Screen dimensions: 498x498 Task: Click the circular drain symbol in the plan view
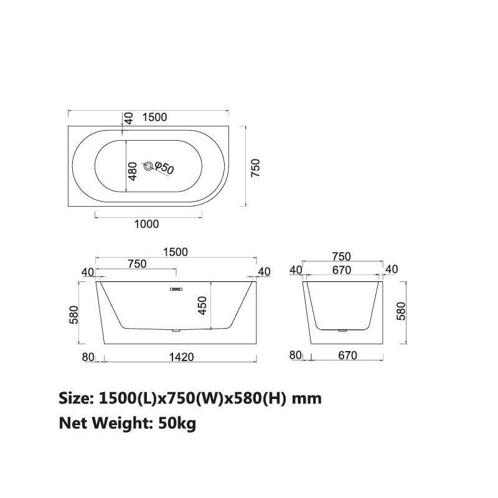pyautogui.click(x=148, y=166)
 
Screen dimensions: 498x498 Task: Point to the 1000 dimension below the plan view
pyautogui.click(x=146, y=224)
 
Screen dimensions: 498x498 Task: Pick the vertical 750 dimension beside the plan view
pyautogui.click(x=255, y=168)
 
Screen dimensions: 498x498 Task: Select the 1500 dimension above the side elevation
pyautogui.click(x=176, y=251)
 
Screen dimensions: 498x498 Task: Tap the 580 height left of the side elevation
pyautogui.click(x=73, y=314)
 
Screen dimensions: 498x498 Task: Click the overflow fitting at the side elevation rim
pyautogui.click(x=176, y=288)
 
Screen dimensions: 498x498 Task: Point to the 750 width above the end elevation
pyautogui.click(x=341, y=256)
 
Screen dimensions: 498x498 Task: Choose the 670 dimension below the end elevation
pyautogui.click(x=347, y=356)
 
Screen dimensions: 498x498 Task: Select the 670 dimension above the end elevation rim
pyautogui.click(x=342, y=270)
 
